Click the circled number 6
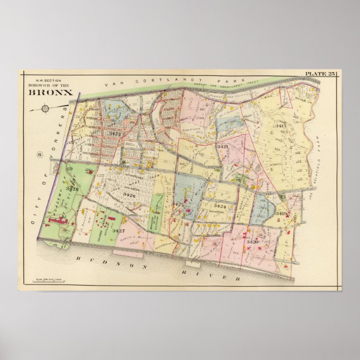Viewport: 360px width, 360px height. [40, 155]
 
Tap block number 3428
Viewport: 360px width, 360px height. [72, 188]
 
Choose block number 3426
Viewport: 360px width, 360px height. [129, 195]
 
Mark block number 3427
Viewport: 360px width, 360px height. [118, 230]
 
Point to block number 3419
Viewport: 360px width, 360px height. [281, 214]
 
